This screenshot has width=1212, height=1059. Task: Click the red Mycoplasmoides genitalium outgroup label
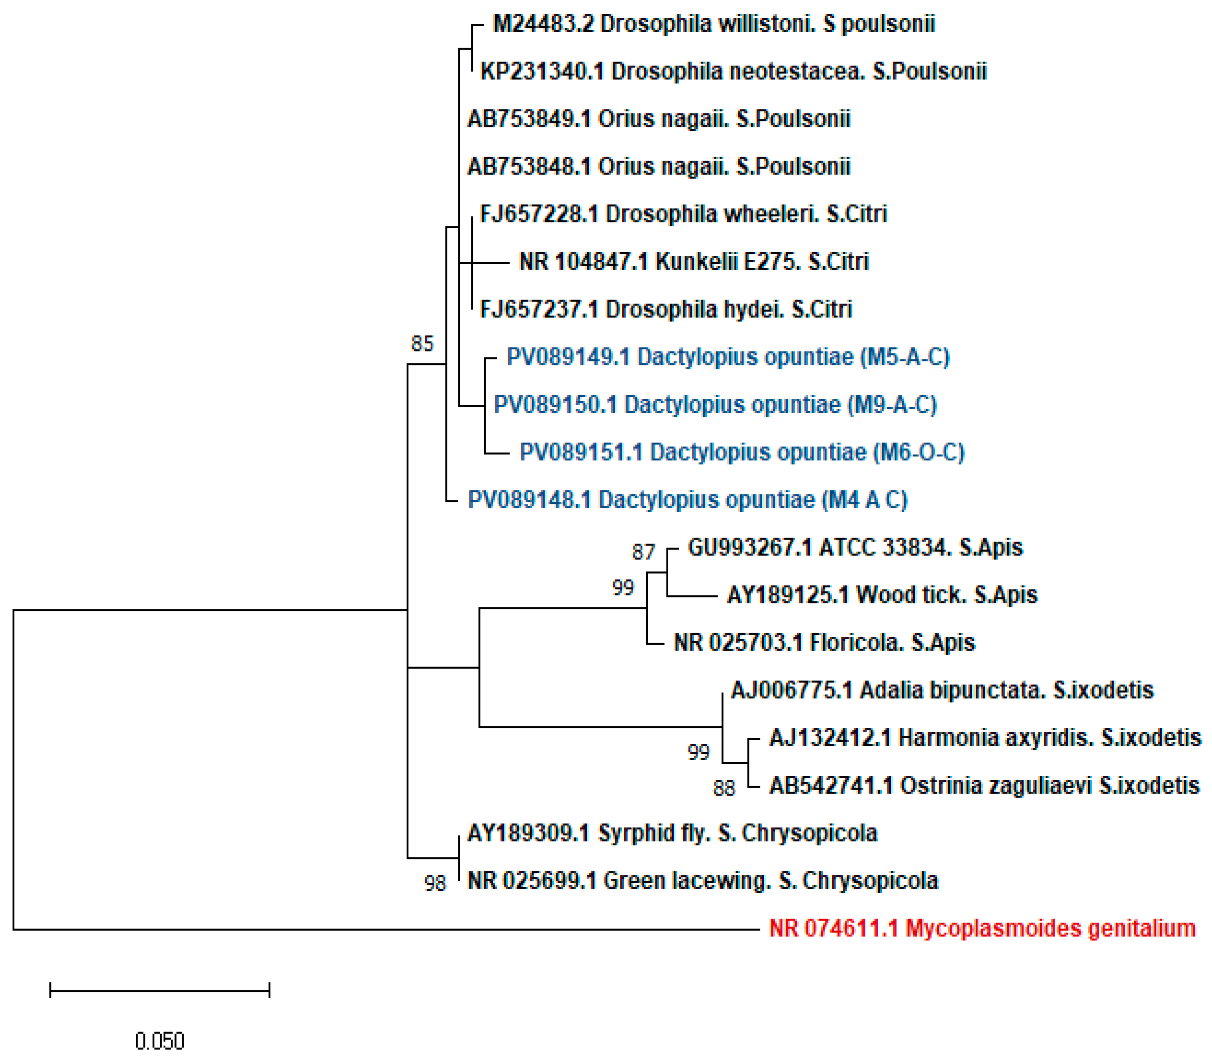982,928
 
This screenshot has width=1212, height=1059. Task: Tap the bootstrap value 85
422,344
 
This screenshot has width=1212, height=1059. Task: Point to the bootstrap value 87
643,552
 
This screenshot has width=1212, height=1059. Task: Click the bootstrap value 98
435,883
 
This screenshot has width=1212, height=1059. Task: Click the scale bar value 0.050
159,1041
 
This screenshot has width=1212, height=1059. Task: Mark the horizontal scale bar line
159,990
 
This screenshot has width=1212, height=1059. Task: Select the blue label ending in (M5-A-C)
728,357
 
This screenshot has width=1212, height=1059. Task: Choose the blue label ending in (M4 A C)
687,500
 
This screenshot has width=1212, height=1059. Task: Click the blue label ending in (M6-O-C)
741,453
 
